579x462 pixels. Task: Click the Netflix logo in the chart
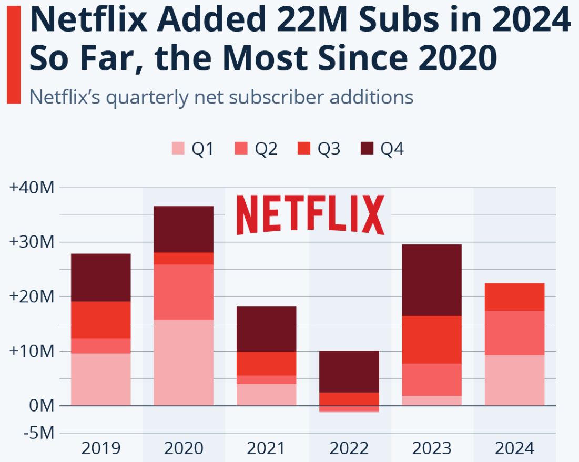[x=310, y=214]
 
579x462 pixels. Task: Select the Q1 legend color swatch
[x=178, y=149]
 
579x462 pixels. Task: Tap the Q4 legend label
[x=392, y=149]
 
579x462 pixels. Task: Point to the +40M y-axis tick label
[x=32, y=188]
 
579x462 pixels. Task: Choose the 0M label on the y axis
[x=41, y=406]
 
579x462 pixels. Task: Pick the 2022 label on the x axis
[x=349, y=448]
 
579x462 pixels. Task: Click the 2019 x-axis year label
[x=100, y=448]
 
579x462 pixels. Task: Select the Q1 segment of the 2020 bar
[x=184, y=362]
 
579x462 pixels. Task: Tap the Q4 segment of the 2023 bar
[x=432, y=280]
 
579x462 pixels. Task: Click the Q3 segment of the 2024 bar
[x=514, y=296]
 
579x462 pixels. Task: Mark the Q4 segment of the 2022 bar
[x=349, y=371]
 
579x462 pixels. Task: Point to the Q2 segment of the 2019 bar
[x=100, y=346]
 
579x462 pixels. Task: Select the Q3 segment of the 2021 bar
[x=266, y=363]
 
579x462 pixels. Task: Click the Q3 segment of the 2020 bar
[x=184, y=258]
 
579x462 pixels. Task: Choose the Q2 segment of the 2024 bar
[x=514, y=333]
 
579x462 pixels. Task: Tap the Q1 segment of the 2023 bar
[x=432, y=401]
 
